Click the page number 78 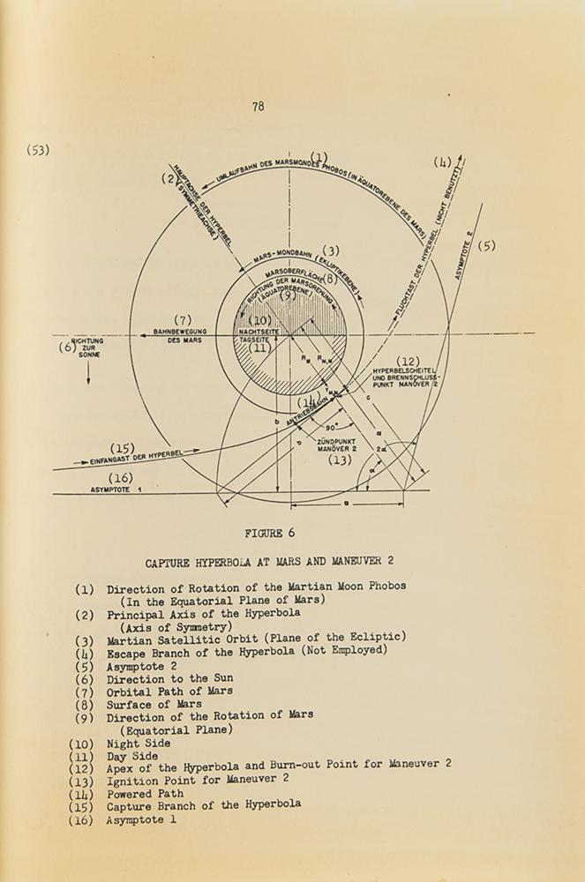click(258, 107)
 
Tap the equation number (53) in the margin click(38, 150)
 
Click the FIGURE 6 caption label click(270, 533)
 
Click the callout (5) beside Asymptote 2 click(487, 246)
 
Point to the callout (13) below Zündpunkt click(340, 460)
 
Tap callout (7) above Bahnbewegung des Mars click(183, 319)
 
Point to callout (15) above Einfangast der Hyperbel click(122, 448)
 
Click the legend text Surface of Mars click(154, 704)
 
